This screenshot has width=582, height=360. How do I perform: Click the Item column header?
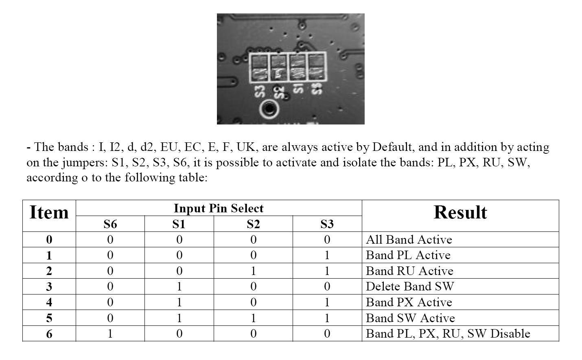tap(49, 212)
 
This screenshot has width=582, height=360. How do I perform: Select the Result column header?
tap(460, 212)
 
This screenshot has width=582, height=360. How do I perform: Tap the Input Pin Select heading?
tap(219, 208)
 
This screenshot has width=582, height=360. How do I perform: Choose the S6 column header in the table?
tap(110, 224)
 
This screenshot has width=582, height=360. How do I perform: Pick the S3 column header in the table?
tap(327, 224)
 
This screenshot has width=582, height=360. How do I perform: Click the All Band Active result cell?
tap(409, 240)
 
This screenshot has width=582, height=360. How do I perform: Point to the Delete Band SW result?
tap(410, 286)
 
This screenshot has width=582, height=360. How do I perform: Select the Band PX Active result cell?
tap(409, 302)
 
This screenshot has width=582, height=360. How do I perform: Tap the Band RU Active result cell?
tap(409, 271)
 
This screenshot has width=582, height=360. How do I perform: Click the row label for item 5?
tap(49, 318)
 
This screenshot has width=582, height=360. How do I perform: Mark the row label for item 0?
tap(49, 240)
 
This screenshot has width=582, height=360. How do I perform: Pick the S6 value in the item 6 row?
tap(110, 334)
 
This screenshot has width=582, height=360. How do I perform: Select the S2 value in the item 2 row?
tap(253, 271)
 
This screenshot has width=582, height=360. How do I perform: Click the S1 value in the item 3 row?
tap(179, 286)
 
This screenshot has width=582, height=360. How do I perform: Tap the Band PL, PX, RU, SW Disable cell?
tap(448, 334)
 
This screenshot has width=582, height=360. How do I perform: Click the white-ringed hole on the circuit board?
tap(269, 109)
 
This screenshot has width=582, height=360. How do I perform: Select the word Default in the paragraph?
tap(392, 147)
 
